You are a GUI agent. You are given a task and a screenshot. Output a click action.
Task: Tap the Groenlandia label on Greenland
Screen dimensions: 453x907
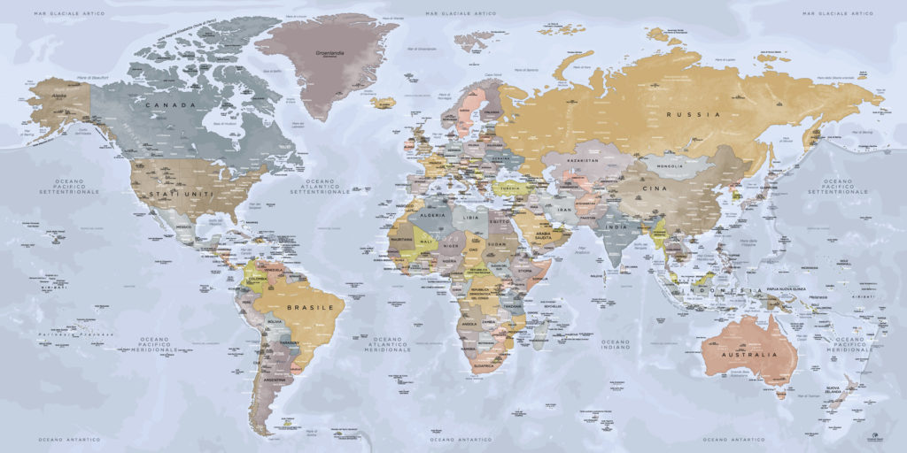[x=329, y=52]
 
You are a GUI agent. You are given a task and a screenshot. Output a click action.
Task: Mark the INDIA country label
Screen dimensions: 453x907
[x=616, y=226]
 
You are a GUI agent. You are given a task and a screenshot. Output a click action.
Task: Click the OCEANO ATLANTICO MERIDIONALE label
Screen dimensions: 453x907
[x=390, y=343]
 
